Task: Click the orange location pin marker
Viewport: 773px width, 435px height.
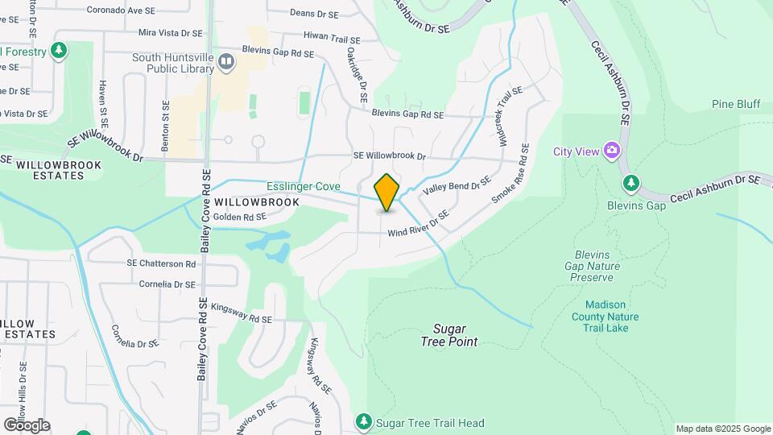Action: coord(387,193)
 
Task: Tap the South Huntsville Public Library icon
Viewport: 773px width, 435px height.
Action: coord(226,60)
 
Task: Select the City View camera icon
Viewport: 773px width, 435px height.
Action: coord(612,151)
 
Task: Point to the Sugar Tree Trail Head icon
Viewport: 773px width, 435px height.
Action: coord(364,422)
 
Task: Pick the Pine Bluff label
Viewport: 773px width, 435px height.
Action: coord(736,104)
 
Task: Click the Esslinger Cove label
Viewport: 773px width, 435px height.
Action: coord(304,186)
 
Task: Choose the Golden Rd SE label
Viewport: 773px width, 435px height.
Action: coord(239,217)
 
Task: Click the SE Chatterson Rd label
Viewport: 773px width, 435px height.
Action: coord(161,263)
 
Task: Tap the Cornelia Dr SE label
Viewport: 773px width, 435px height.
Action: coord(167,284)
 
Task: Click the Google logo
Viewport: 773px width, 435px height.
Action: coord(27,425)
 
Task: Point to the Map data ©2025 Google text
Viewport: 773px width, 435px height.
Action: coord(722,429)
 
